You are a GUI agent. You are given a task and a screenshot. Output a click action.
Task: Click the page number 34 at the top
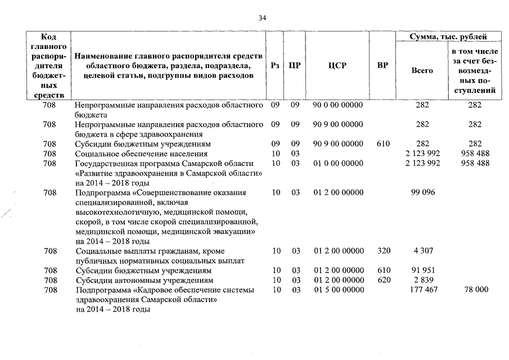[x=262, y=18]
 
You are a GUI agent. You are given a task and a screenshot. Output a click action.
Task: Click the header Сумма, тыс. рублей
[x=448, y=37]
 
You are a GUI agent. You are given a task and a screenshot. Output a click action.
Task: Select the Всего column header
[x=422, y=71]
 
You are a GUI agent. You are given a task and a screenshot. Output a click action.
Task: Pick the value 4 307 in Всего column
[x=422, y=251]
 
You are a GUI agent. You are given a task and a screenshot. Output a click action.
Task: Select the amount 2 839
[x=422, y=280]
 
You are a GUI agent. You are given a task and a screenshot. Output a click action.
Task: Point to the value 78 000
[x=474, y=290]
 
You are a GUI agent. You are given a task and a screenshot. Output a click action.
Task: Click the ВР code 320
[x=382, y=251]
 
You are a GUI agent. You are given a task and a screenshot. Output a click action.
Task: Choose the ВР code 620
[x=382, y=280]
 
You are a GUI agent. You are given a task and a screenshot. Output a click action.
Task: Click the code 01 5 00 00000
[x=339, y=290]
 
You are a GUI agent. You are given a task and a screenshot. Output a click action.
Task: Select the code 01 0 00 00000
[x=339, y=163]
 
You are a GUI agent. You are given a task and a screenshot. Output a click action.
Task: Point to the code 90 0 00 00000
[x=339, y=105]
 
